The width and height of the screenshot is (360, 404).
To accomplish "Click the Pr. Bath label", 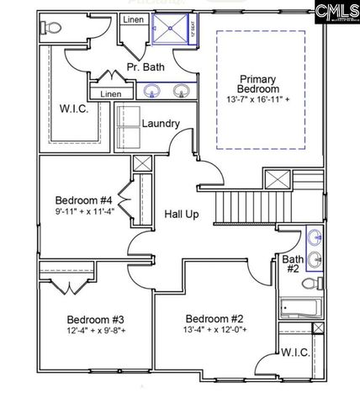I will pyautogui.click(x=145, y=66).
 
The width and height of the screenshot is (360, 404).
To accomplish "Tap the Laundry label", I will pyautogui.click(x=161, y=124).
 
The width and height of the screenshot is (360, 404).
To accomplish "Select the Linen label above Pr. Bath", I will pyautogui.click(x=133, y=19).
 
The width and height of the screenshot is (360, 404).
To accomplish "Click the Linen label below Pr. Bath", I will pyautogui.click(x=110, y=94).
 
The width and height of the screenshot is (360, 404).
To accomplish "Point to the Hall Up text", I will pyautogui.click(x=181, y=215).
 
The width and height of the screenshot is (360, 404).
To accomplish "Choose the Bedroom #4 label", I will pyautogui.click(x=84, y=199).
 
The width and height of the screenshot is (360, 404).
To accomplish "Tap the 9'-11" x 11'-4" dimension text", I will pyautogui.click(x=84, y=211).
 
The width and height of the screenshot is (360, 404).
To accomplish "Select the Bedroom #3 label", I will pyautogui.click(x=96, y=320).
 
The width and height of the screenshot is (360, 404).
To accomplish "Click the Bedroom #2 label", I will pyautogui.click(x=214, y=319).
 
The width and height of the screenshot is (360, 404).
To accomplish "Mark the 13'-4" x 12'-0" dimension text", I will pyautogui.click(x=214, y=331).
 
